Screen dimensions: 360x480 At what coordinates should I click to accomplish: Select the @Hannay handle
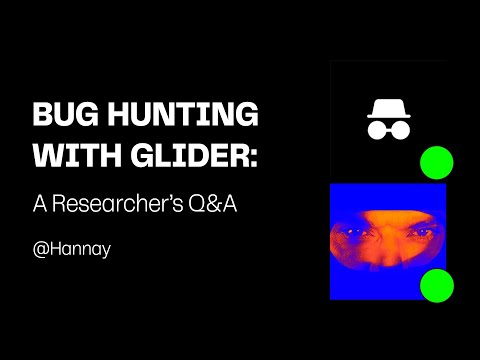pyautogui.click(x=72, y=247)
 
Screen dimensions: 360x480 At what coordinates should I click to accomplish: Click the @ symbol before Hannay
pyautogui.click(x=41, y=247)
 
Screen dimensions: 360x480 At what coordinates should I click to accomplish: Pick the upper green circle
pyautogui.click(x=436, y=162)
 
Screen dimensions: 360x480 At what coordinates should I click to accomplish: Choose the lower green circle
pyautogui.click(x=436, y=286)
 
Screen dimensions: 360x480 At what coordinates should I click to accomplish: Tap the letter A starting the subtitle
pyautogui.click(x=40, y=201)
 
